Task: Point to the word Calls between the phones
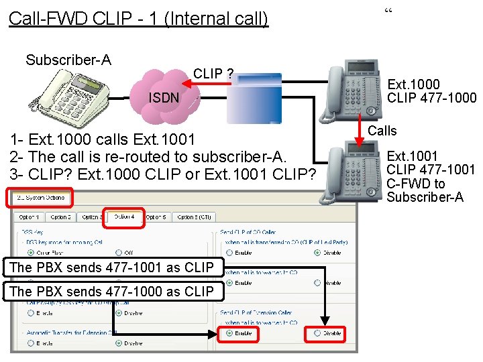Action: coord(382,131)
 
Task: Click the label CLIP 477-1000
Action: coord(432,98)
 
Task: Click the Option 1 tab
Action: coord(29,217)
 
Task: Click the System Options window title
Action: coord(40,198)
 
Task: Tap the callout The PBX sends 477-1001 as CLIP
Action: coord(112,267)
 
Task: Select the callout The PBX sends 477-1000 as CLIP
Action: coord(112,291)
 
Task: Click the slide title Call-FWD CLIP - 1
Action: coord(138,18)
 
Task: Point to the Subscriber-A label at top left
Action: coord(68,60)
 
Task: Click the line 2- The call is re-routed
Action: coord(148,157)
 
